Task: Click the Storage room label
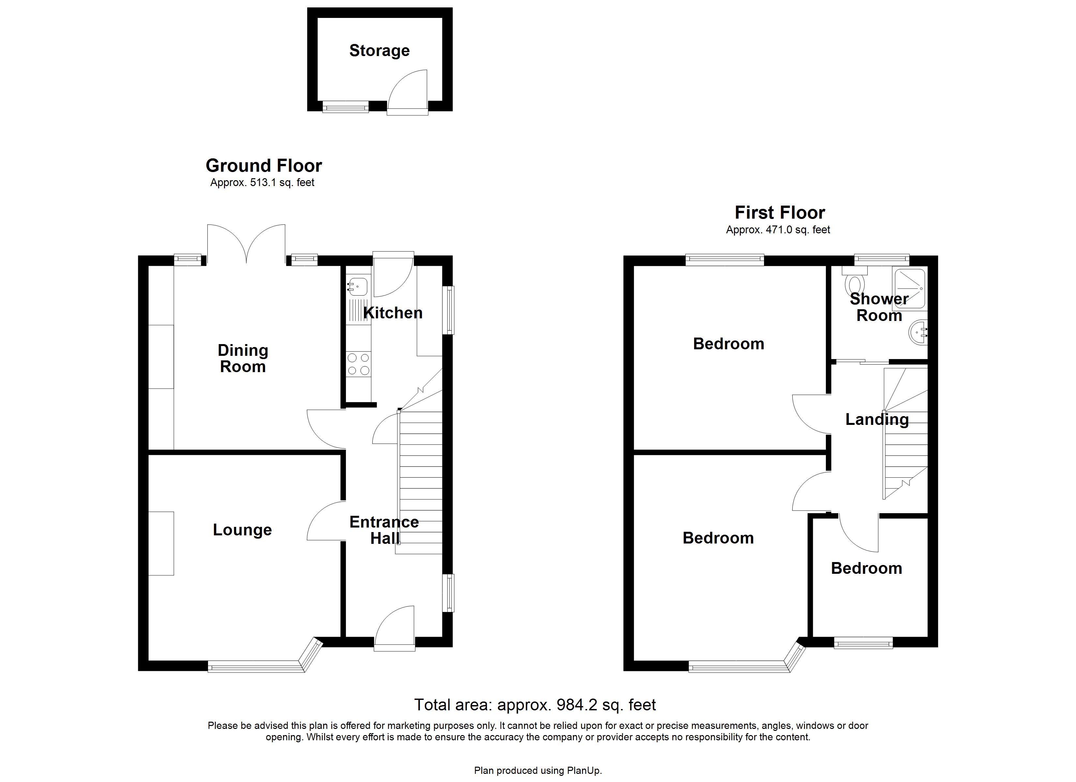(379, 51)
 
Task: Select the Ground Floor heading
(264, 166)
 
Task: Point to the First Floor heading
(780, 212)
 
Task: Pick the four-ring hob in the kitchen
(359, 364)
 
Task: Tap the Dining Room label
(243, 358)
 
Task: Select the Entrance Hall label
(384, 530)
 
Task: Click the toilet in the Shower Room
(855, 283)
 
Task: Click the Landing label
(877, 419)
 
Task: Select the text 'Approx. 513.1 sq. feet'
(262, 182)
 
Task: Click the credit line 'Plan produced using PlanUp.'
(538, 771)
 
